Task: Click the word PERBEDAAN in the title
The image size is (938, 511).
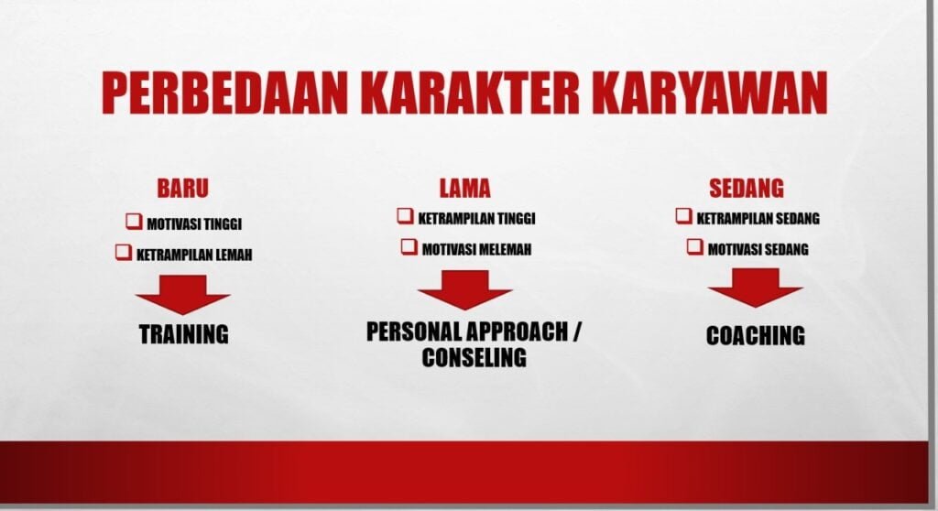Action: (224, 93)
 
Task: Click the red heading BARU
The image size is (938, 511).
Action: (183, 188)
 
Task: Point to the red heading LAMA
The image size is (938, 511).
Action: (464, 188)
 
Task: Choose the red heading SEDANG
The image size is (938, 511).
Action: (746, 188)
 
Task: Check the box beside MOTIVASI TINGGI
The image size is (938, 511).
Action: (134, 222)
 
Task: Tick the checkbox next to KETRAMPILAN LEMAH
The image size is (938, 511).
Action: (124, 252)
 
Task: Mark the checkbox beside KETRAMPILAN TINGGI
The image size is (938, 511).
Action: (405, 215)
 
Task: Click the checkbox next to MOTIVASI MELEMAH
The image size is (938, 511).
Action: (409, 246)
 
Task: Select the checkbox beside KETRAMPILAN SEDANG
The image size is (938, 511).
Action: (683, 215)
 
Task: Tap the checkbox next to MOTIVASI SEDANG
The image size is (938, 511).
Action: (694, 246)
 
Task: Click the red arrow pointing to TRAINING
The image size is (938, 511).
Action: (183, 295)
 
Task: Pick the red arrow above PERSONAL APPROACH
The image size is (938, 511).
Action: (464, 290)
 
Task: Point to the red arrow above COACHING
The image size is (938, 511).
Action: (755, 288)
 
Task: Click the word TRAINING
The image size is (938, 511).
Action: (183, 334)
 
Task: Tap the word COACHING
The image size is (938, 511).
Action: (756, 336)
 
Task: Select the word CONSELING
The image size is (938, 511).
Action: (474, 357)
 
